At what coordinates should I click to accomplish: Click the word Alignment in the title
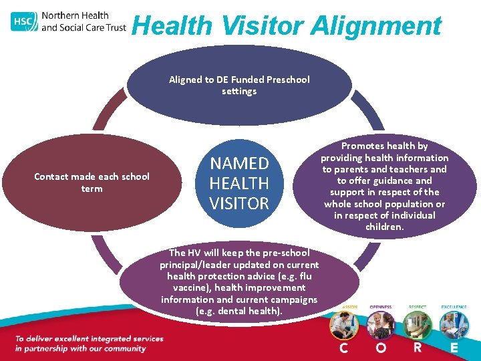coord(375,26)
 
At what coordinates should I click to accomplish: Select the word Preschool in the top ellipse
coord(288,80)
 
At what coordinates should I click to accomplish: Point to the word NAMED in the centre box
coord(239,164)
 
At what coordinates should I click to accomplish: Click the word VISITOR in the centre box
coord(239,203)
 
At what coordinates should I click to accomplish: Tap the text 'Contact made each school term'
coord(92,183)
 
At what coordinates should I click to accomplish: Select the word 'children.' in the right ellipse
coord(385,227)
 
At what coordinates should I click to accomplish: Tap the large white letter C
coord(343,348)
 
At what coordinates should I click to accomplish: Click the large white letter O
coord(381,348)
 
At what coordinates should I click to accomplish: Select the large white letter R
coord(418,348)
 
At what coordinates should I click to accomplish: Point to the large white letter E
coord(454,348)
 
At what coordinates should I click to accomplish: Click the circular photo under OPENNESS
coord(381,325)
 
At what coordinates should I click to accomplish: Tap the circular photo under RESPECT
coord(418,325)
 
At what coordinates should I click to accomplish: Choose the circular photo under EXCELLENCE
coord(454,325)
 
